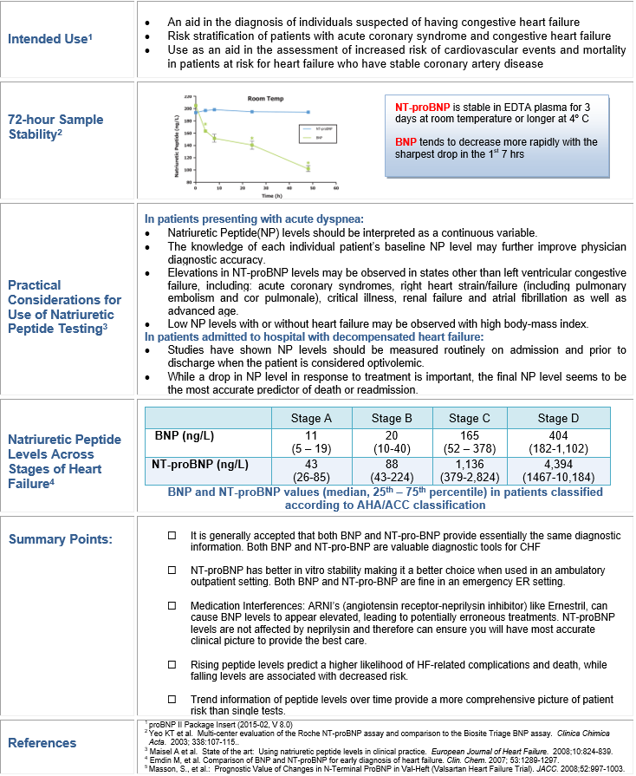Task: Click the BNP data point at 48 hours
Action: click(308, 167)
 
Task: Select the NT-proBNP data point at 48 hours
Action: click(308, 112)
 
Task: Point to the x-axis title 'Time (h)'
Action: click(260, 198)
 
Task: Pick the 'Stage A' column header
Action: click(312, 419)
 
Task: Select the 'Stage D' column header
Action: click(552, 419)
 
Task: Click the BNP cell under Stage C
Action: click(469, 441)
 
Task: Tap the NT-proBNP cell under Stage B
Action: click(391, 470)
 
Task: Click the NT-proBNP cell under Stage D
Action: click(552, 470)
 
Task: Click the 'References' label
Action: click(42, 742)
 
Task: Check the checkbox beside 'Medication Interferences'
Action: click(172, 605)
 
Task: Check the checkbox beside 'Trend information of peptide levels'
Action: click(172, 699)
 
